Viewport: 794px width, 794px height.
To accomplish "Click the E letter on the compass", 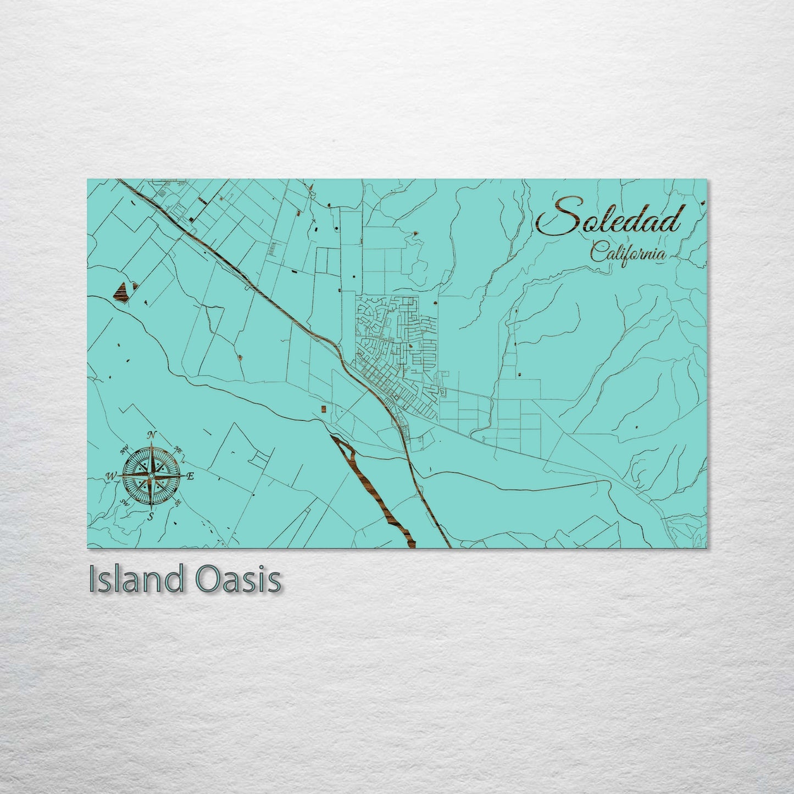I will click(190, 476).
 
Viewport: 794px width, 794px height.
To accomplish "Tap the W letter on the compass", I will click(112, 475).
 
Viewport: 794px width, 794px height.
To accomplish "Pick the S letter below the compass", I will click(150, 516).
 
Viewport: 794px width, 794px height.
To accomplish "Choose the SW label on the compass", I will click(124, 502).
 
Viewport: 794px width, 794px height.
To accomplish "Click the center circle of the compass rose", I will click(151, 475).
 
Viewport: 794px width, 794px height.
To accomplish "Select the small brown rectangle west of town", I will click(323, 408).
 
